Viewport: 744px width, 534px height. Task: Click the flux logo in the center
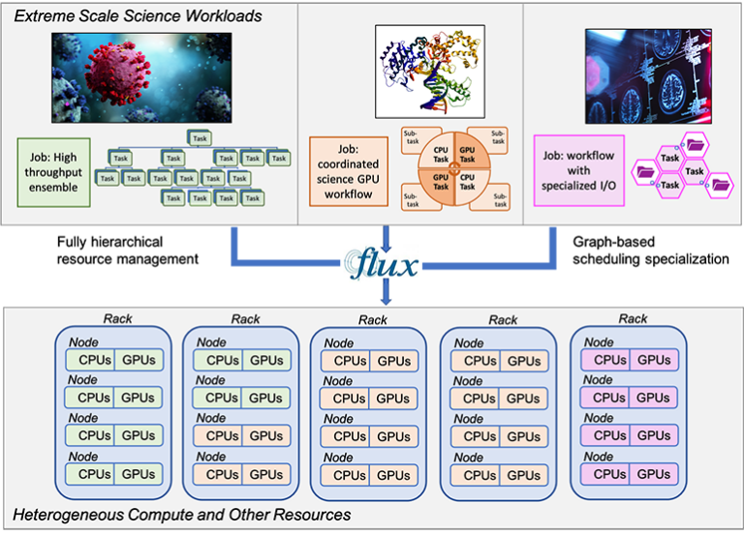[386, 264]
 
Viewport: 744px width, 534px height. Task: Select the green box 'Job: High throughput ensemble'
[54, 172]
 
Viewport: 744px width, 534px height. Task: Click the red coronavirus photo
[141, 76]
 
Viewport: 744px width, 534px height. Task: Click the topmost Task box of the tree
[199, 137]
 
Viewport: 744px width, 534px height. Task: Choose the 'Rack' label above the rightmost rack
[634, 318]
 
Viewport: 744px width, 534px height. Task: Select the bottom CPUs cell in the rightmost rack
[610, 474]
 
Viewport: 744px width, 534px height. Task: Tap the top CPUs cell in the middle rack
[345, 361]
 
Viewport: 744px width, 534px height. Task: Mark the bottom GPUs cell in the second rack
[266, 475]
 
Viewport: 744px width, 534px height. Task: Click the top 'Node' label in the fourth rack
[469, 343]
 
